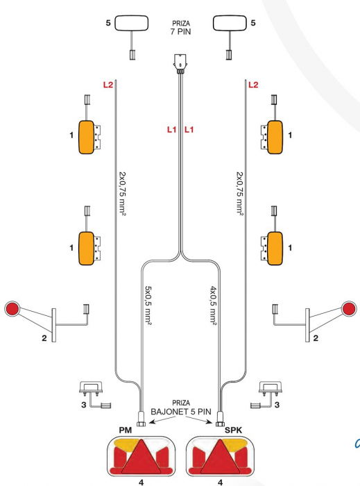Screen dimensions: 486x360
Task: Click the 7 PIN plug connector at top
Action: tap(180, 63)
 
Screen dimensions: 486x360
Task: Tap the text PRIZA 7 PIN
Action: tap(180, 28)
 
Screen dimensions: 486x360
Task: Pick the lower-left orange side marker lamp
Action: tap(87, 246)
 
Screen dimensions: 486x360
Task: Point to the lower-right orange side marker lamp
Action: tap(274, 246)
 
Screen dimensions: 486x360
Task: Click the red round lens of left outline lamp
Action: tap(12, 308)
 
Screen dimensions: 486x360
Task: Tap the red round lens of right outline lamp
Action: tap(349, 308)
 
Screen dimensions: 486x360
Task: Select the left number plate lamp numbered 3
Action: tap(89, 389)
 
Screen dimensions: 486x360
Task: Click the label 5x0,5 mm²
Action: tap(148, 305)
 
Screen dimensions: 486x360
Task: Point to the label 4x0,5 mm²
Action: tap(212, 305)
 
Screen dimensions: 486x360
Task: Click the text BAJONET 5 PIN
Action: tap(180, 411)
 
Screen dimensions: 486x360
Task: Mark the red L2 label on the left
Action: tap(108, 85)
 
